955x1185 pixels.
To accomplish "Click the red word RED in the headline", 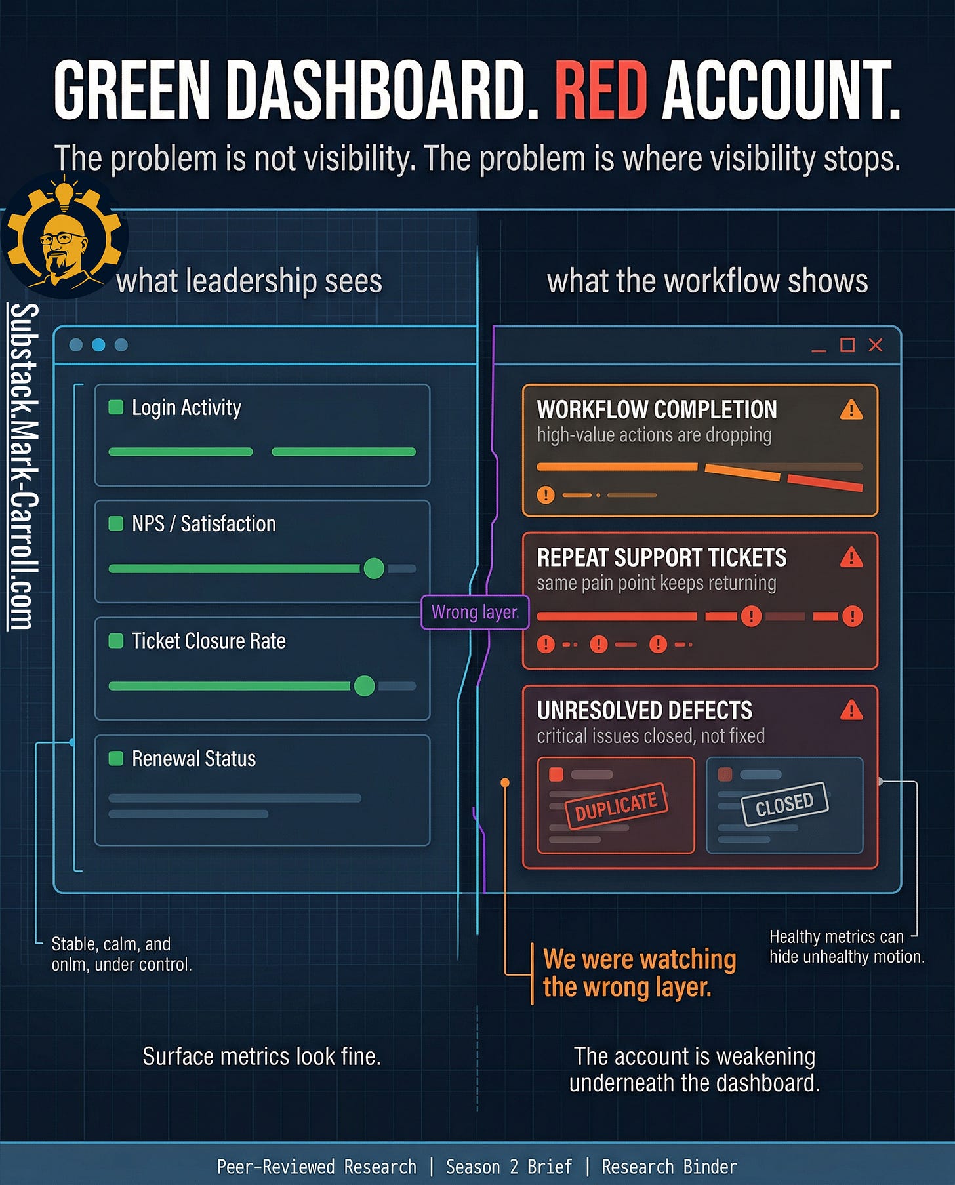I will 601,91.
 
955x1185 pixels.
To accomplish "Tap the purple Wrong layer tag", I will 475,613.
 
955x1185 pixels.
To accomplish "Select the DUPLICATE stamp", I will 616,806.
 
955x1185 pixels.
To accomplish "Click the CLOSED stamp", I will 784,804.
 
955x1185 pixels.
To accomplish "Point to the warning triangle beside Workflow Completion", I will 851,410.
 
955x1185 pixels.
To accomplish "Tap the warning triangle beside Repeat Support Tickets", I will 851,557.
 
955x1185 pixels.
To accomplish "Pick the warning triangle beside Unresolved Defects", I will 851,710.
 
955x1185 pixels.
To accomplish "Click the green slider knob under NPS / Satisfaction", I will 374,569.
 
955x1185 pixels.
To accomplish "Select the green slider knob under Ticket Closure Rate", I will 364,686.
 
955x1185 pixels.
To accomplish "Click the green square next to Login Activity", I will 116,407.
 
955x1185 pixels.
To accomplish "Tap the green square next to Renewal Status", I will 116,759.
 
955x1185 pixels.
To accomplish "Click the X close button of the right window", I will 876,345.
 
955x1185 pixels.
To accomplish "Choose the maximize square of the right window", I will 847,345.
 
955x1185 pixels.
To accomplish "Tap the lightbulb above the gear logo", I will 64,194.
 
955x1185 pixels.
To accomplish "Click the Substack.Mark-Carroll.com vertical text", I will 24,466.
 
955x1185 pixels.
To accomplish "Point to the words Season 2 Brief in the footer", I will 509,1167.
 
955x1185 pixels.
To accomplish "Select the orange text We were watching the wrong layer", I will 639,973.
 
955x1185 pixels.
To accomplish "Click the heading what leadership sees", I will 249,281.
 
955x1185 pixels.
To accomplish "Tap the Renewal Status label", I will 193,759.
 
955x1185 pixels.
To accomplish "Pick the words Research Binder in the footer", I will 669,1167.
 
